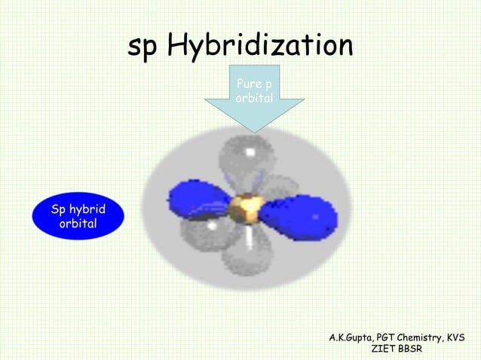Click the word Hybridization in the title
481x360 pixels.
click(x=260, y=47)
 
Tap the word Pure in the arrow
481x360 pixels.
click(x=250, y=83)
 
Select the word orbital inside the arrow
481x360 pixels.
click(x=254, y=99)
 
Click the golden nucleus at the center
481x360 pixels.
click(x=247, y=206)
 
